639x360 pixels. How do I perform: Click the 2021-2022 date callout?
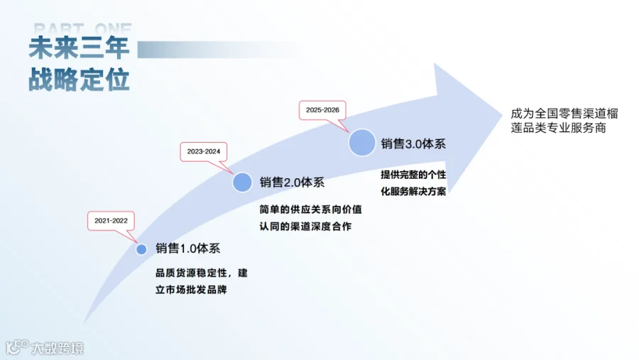(110, 221)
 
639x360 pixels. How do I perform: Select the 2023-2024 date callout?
(204, 151)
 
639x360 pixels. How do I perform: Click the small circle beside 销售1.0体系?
(141, 249)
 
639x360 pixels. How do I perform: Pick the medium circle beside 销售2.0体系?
(242, 182)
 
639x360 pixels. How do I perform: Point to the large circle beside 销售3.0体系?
(361, 143)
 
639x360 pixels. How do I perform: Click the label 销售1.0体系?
(187, 249)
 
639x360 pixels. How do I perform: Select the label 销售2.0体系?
(292, 182)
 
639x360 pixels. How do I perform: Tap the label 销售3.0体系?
(413, 143)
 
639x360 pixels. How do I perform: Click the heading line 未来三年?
(79, 48)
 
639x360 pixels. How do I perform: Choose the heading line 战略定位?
(79, 80)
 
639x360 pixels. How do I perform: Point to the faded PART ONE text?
(82, 29)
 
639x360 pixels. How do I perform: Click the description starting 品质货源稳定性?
(201, 281)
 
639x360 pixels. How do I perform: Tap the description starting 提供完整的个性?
(417, 183)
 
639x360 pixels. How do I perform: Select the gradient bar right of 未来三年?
(213, 49)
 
